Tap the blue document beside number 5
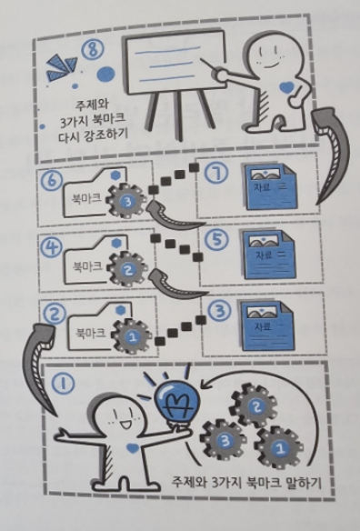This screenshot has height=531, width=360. [267, 256]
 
